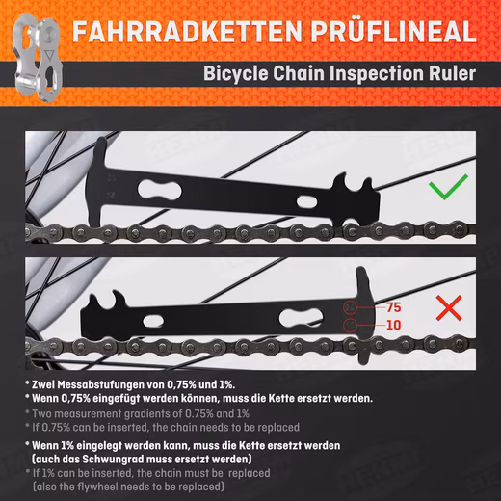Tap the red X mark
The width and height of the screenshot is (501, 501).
(449, 308)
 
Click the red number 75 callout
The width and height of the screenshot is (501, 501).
(394, 307)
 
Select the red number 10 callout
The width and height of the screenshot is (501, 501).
(394, 325)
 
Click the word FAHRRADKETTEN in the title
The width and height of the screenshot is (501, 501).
(187, 31)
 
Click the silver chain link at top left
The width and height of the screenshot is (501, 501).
(38, 58)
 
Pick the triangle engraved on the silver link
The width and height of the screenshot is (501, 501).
(49, 55)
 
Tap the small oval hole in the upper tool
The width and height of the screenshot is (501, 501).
(306, 201)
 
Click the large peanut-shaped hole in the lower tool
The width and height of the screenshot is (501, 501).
(301, 318)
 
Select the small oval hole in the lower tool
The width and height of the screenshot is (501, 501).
(153, 321)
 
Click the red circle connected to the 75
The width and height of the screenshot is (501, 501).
(350, 307)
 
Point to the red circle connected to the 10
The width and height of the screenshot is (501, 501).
(350, 325)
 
